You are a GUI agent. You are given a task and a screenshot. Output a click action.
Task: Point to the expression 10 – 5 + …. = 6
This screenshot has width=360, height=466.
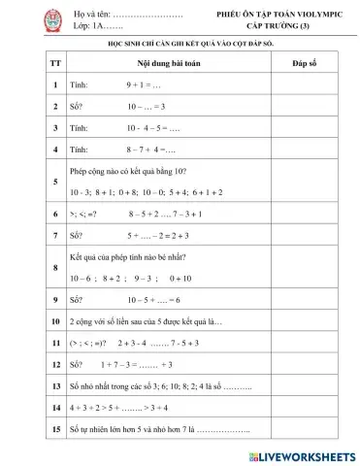click(x=153, y=300)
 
